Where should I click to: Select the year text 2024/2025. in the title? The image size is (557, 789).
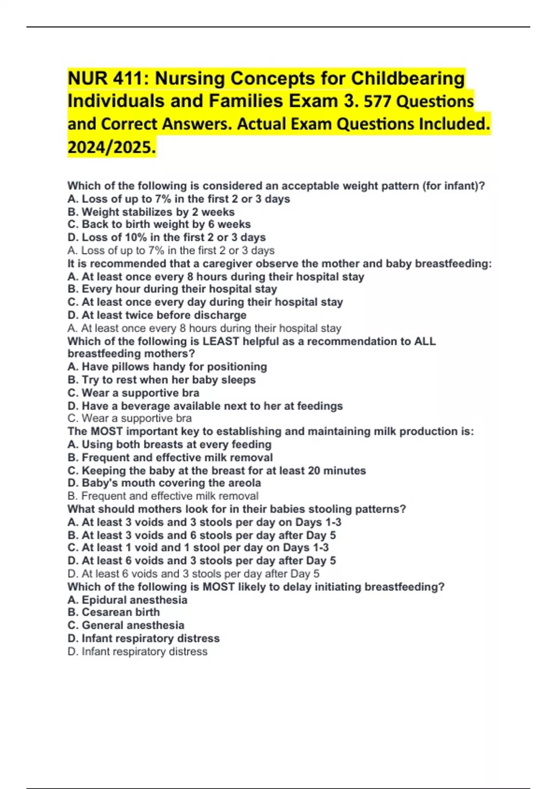coord(111,147)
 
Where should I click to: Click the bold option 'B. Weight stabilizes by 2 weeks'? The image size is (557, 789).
coord(151,212)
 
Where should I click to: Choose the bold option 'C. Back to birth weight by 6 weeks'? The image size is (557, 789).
coord(159,225)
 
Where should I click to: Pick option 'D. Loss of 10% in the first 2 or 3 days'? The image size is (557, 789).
coord(166,238)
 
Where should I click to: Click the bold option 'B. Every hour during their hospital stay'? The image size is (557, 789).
coord(172,289)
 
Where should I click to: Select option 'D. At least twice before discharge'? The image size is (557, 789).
coord(157,315)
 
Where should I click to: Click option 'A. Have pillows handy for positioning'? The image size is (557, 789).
coord(167,367)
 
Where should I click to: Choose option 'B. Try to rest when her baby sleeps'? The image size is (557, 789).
coord(162,380)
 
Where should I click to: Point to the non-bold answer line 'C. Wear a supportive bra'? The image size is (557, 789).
coord(130,418)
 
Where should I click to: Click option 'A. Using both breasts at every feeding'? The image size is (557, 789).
coord(169,444)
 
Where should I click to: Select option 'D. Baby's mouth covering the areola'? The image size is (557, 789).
coord(164,483)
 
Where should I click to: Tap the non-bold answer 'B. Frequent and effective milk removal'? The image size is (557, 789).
coord(163,496)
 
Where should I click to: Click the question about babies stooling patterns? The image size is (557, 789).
coord(237,509)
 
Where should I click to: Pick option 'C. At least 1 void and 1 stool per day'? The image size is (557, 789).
coord(198,548)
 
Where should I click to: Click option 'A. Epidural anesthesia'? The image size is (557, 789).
coord(127,600)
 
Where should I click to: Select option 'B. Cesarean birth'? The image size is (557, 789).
coord(113,612)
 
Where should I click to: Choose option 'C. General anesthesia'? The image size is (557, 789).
coord(126,625)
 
